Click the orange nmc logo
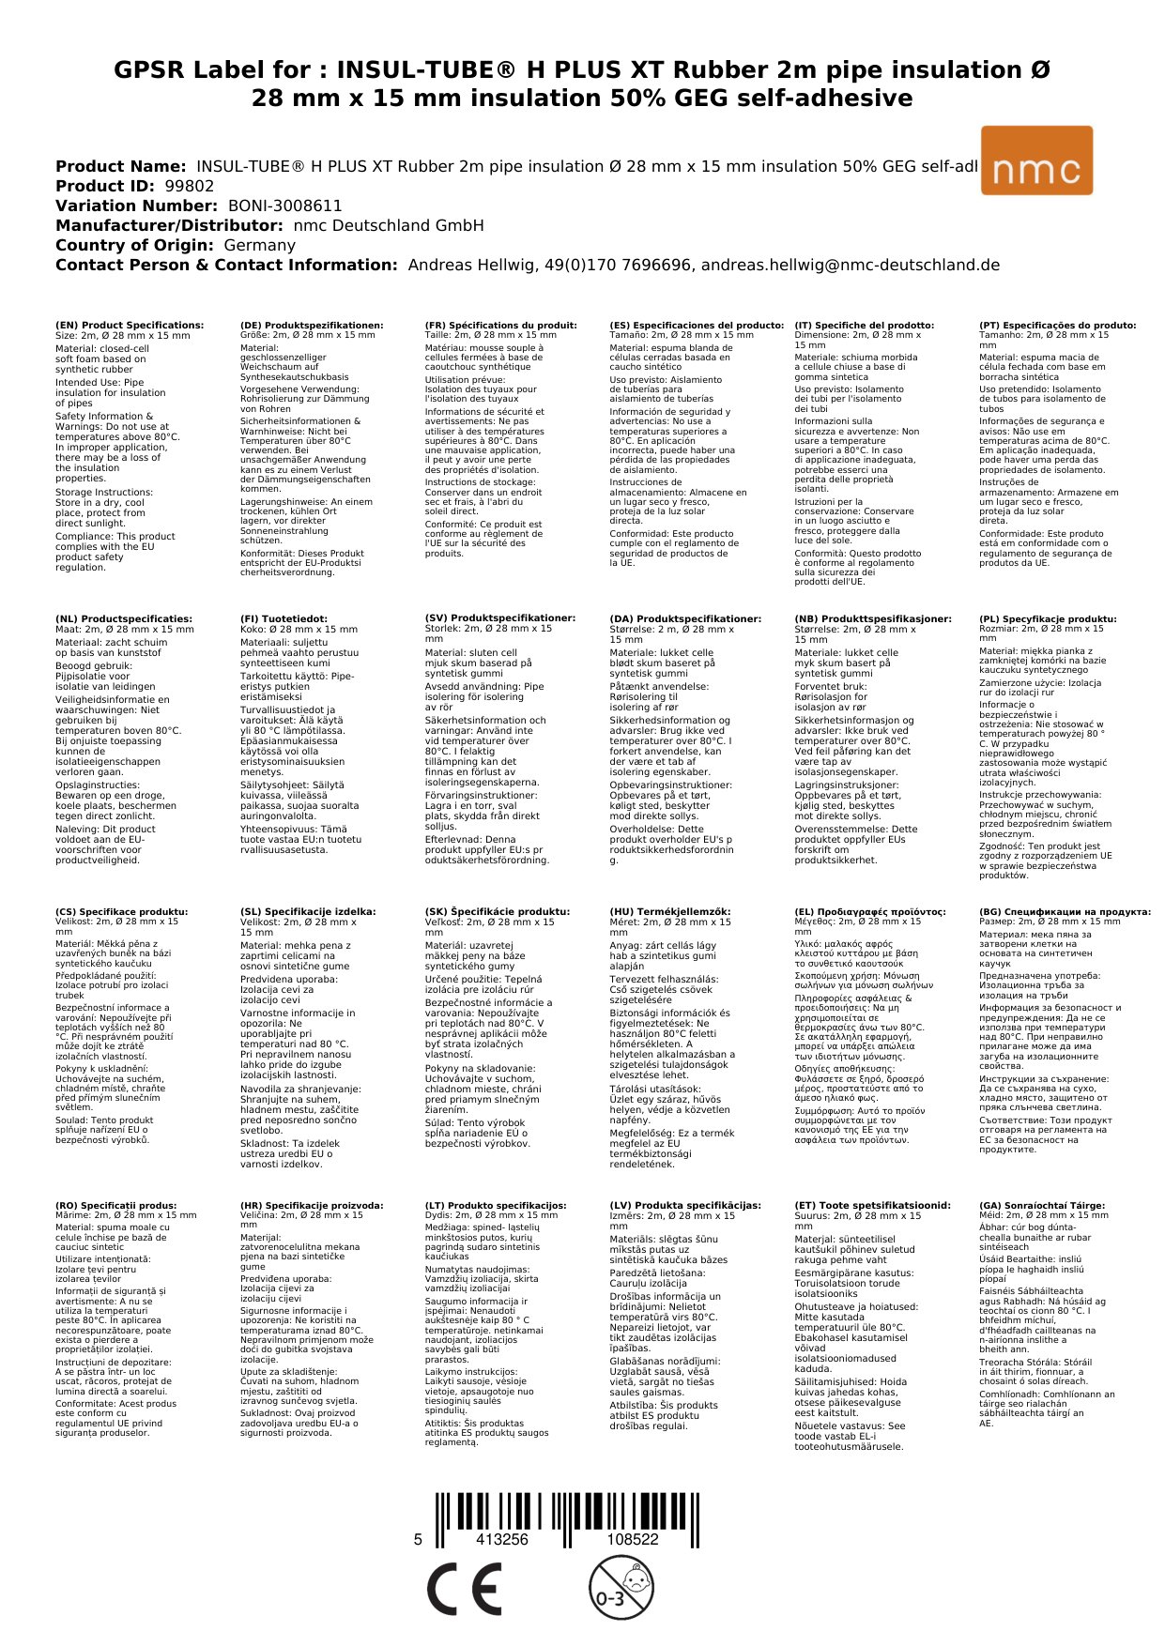tap(1035, 160)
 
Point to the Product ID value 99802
tap(189, 186)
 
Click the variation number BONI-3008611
tap(284, 206)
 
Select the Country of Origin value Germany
tap(259, 245)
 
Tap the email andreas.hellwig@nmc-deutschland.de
tap(850, 265)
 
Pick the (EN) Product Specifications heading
tap(130, 326)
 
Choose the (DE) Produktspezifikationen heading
tap(312, 326)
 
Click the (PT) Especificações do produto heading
tap(1057, 326)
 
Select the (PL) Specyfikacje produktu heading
tap(1048, 619)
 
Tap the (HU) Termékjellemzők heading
tap(669, 911)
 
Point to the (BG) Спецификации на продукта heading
tap(1065, 911)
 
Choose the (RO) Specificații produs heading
tap(115, 1205)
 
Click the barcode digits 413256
tap(502, 1539)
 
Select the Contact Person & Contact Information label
tap(226, 265)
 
